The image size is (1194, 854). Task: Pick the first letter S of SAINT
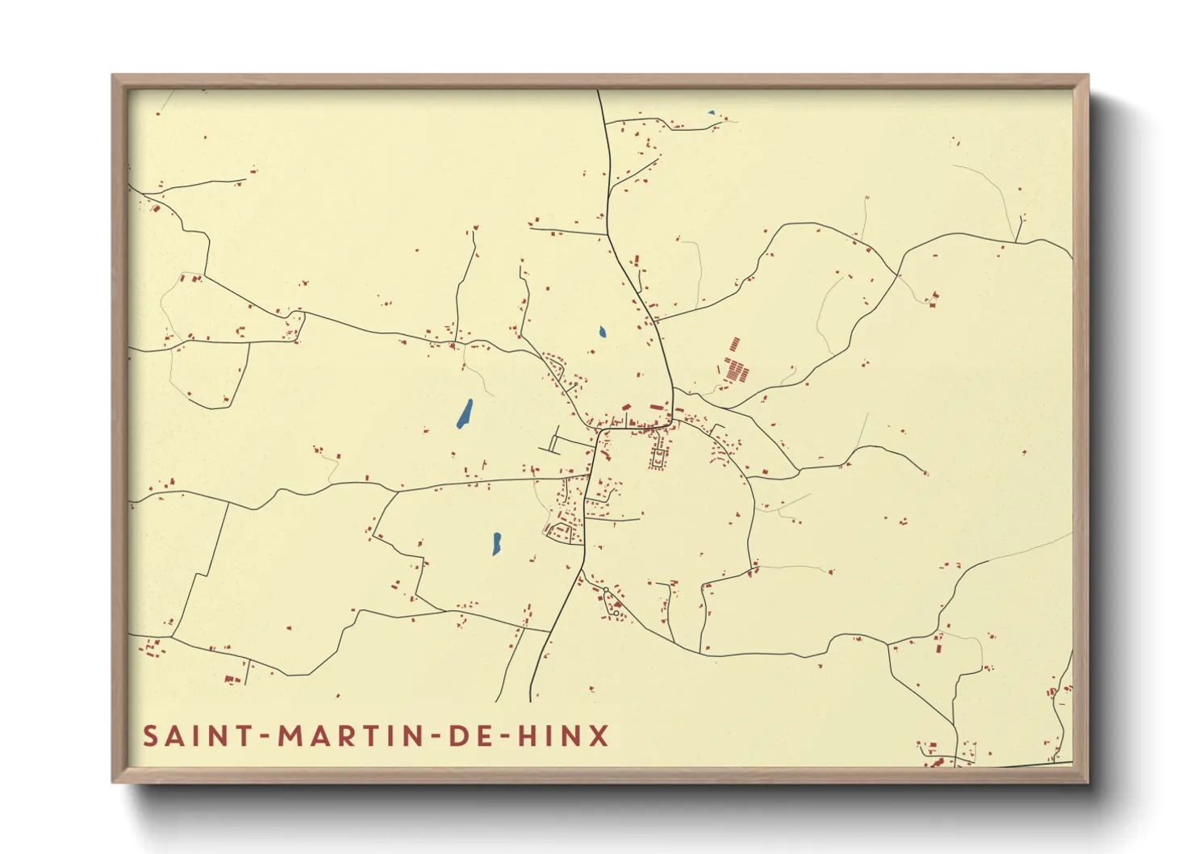click(x=150, y=736)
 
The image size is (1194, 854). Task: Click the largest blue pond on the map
click(x=465, y=413)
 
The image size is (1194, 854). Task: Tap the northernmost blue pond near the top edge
click(x=711, y=113)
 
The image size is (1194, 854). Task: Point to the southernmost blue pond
click(x=497, y=543)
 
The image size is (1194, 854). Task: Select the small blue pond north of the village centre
click(x=602, y=331)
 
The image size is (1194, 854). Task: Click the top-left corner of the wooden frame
click(x=114, y=76)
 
